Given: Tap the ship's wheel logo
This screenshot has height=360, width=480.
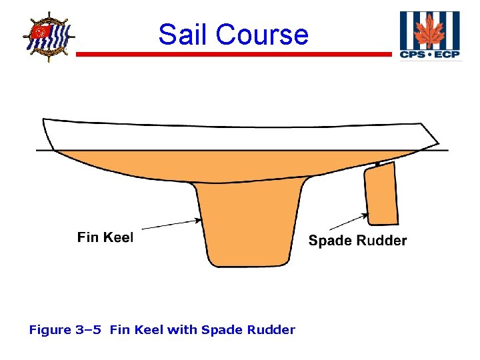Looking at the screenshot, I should (x=49, y=36).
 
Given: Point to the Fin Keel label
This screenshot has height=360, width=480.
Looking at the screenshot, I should (x=105, y=237).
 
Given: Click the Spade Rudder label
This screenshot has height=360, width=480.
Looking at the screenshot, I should (x=357, y=241).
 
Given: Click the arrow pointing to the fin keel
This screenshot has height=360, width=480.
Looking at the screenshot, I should (x=170, y=225).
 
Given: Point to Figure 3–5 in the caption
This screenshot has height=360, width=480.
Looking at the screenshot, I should (x=66, y=329).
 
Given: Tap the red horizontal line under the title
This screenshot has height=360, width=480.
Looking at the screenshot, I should (x=233, y=55).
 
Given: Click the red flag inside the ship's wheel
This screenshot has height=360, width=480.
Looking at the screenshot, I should (x=41, y=31).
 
